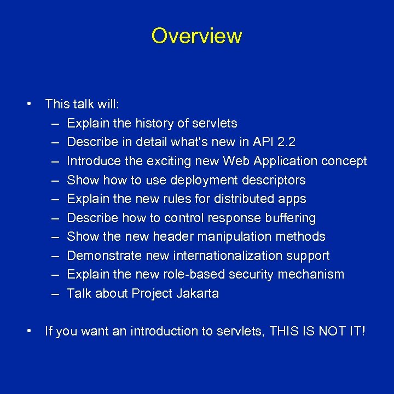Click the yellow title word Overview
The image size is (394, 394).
point(196,36)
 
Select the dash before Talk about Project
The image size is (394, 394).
point(56,293)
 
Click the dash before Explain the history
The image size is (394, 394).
point(56,123)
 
